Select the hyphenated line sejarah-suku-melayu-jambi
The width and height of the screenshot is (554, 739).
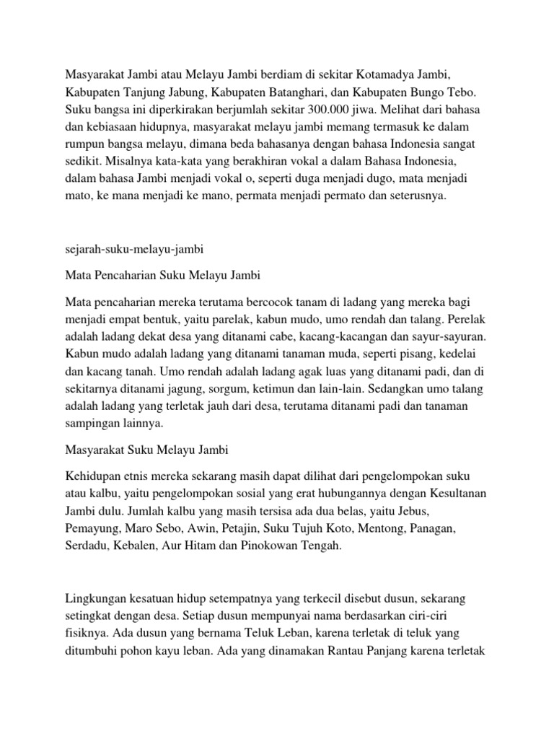(x=136, y=250)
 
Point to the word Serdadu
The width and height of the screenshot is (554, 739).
(x=86, y=546)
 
